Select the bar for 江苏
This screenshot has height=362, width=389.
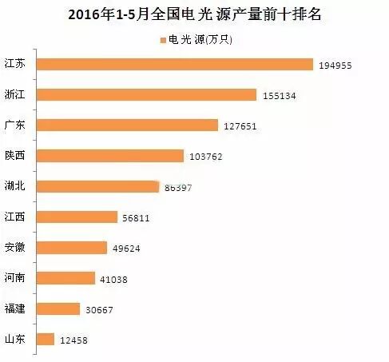click(x=175, y=64)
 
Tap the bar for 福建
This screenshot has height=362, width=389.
click(x=59, y=308)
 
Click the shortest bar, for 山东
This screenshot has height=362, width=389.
click(x=46, y=340)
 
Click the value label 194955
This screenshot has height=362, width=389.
click(x=335, y=65)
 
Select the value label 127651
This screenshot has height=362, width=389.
click(x=239, y=125)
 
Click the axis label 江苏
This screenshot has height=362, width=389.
click(x=15, y=64)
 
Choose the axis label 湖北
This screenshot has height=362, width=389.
click(x=15, y=186)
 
